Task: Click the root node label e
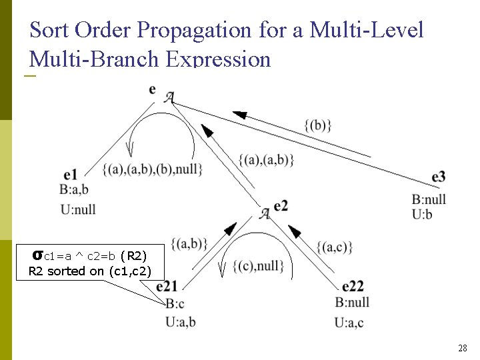click(153, 89)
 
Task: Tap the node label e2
click(281, 205)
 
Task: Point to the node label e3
click(438, 176)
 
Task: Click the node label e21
click(167, 287)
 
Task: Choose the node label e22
click(353, 287)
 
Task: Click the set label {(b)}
click(317, 125)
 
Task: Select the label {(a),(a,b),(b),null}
click(153, 169)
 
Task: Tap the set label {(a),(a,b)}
click(266, 159)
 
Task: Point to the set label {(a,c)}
click(335, 247)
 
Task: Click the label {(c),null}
click(259, 266)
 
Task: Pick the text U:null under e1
click(78, 209)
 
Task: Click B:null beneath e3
click(429, 199)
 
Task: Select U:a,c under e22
click(349, 323)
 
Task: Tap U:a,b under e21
click(180, 321)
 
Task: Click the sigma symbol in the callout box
click(38, 255)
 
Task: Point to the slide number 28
click(462, 348)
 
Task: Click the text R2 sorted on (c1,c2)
click(89, 271)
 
